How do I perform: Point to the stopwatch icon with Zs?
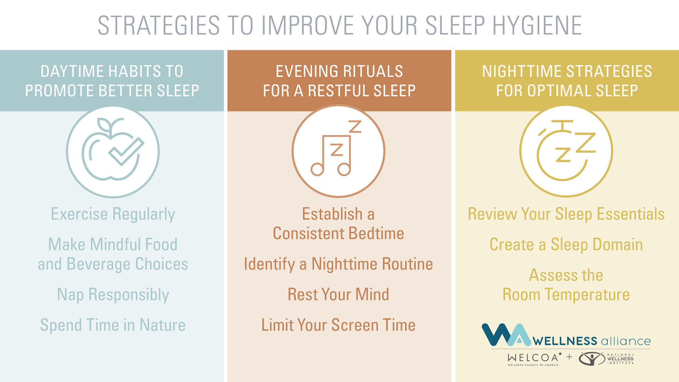(x=566, y=150)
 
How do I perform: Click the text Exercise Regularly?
(x=113, y=214)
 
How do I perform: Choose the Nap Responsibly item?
(x=113, y=295)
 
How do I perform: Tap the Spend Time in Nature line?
(x=113, y=325)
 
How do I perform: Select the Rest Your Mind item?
(x=338, y=295)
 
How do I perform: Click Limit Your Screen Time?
(x=338, y=325)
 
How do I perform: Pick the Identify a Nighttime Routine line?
(x=338, y=264)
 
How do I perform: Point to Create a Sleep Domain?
(x=566, y=245)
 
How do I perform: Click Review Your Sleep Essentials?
(x=566, y=214)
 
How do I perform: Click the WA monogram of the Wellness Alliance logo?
(x=506, y=335)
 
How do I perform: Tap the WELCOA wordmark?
(x=533, y=358)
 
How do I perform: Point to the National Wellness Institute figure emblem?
(x=592, y=359)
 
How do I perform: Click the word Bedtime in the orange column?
(x=376, y=234)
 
